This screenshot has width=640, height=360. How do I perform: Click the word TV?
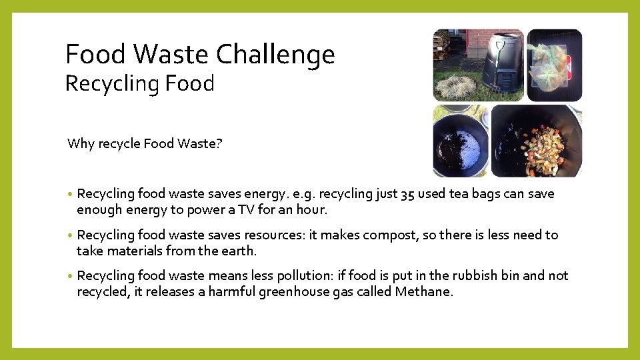click(257, 210)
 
